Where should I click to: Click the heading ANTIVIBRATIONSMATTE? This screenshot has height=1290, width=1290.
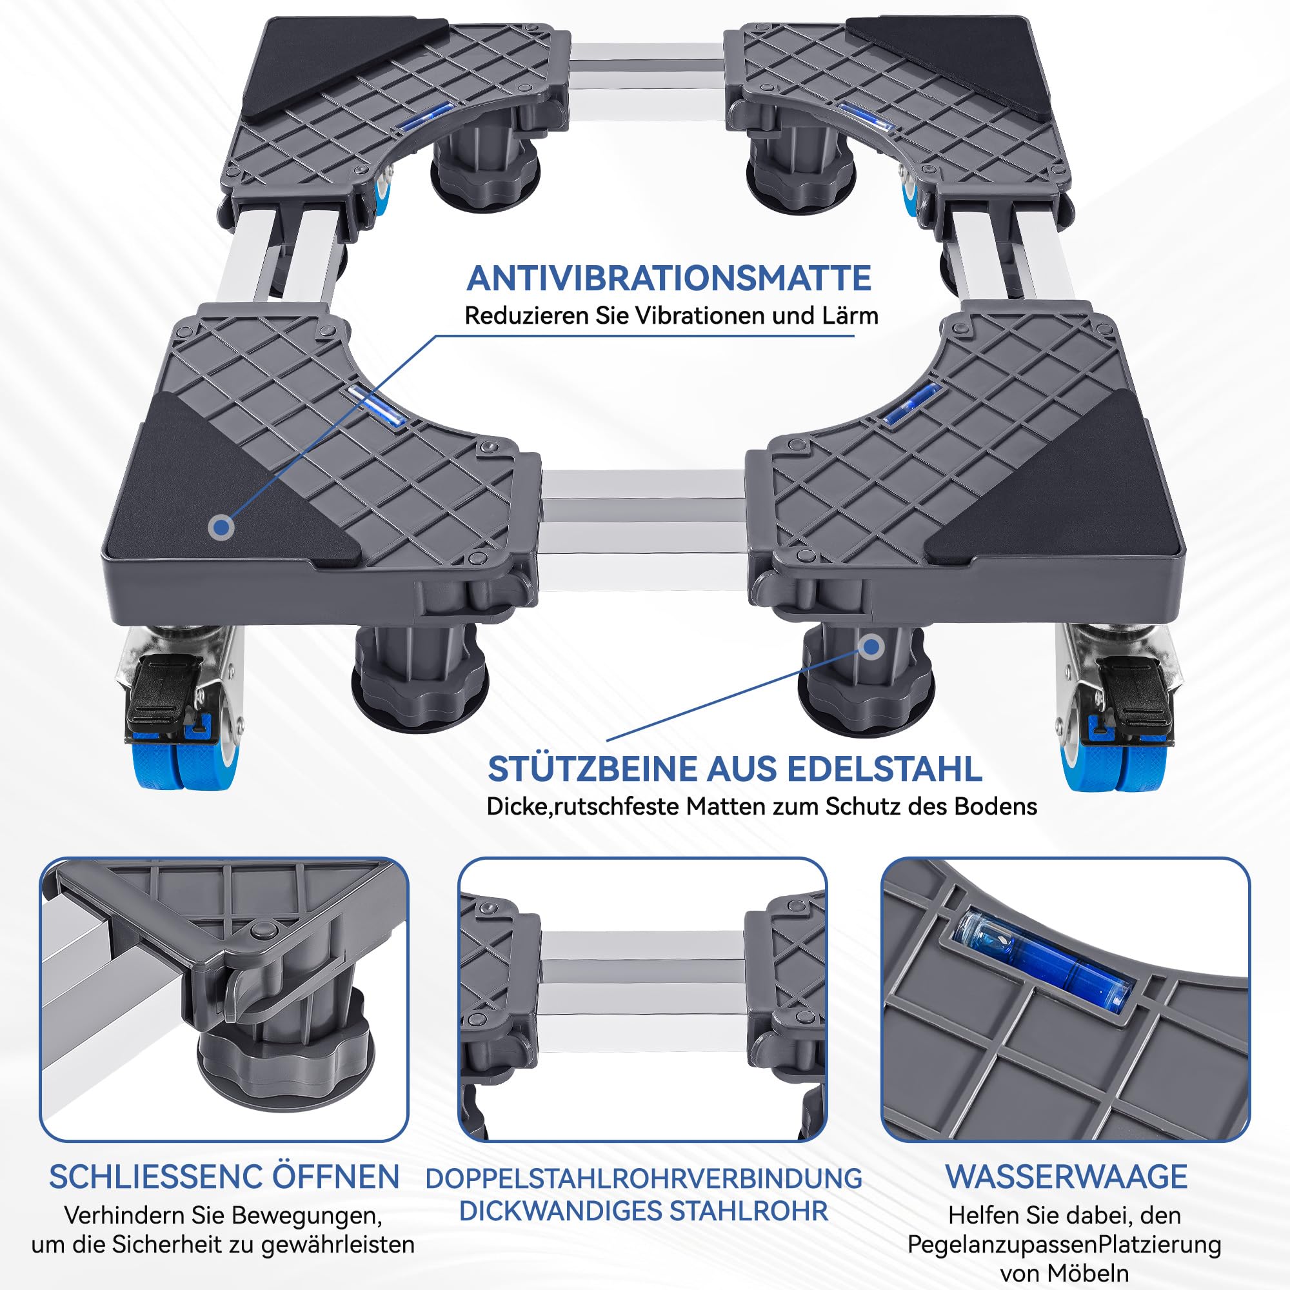[668, 279]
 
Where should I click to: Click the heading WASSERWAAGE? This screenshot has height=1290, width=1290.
[1066, 1176]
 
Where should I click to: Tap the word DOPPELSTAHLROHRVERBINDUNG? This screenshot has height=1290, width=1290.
[644, 1178]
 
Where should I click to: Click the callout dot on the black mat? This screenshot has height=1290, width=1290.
[222, 528]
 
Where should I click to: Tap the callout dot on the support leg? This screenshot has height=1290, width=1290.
[871, 646]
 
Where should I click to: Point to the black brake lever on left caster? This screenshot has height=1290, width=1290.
[164, 695]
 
